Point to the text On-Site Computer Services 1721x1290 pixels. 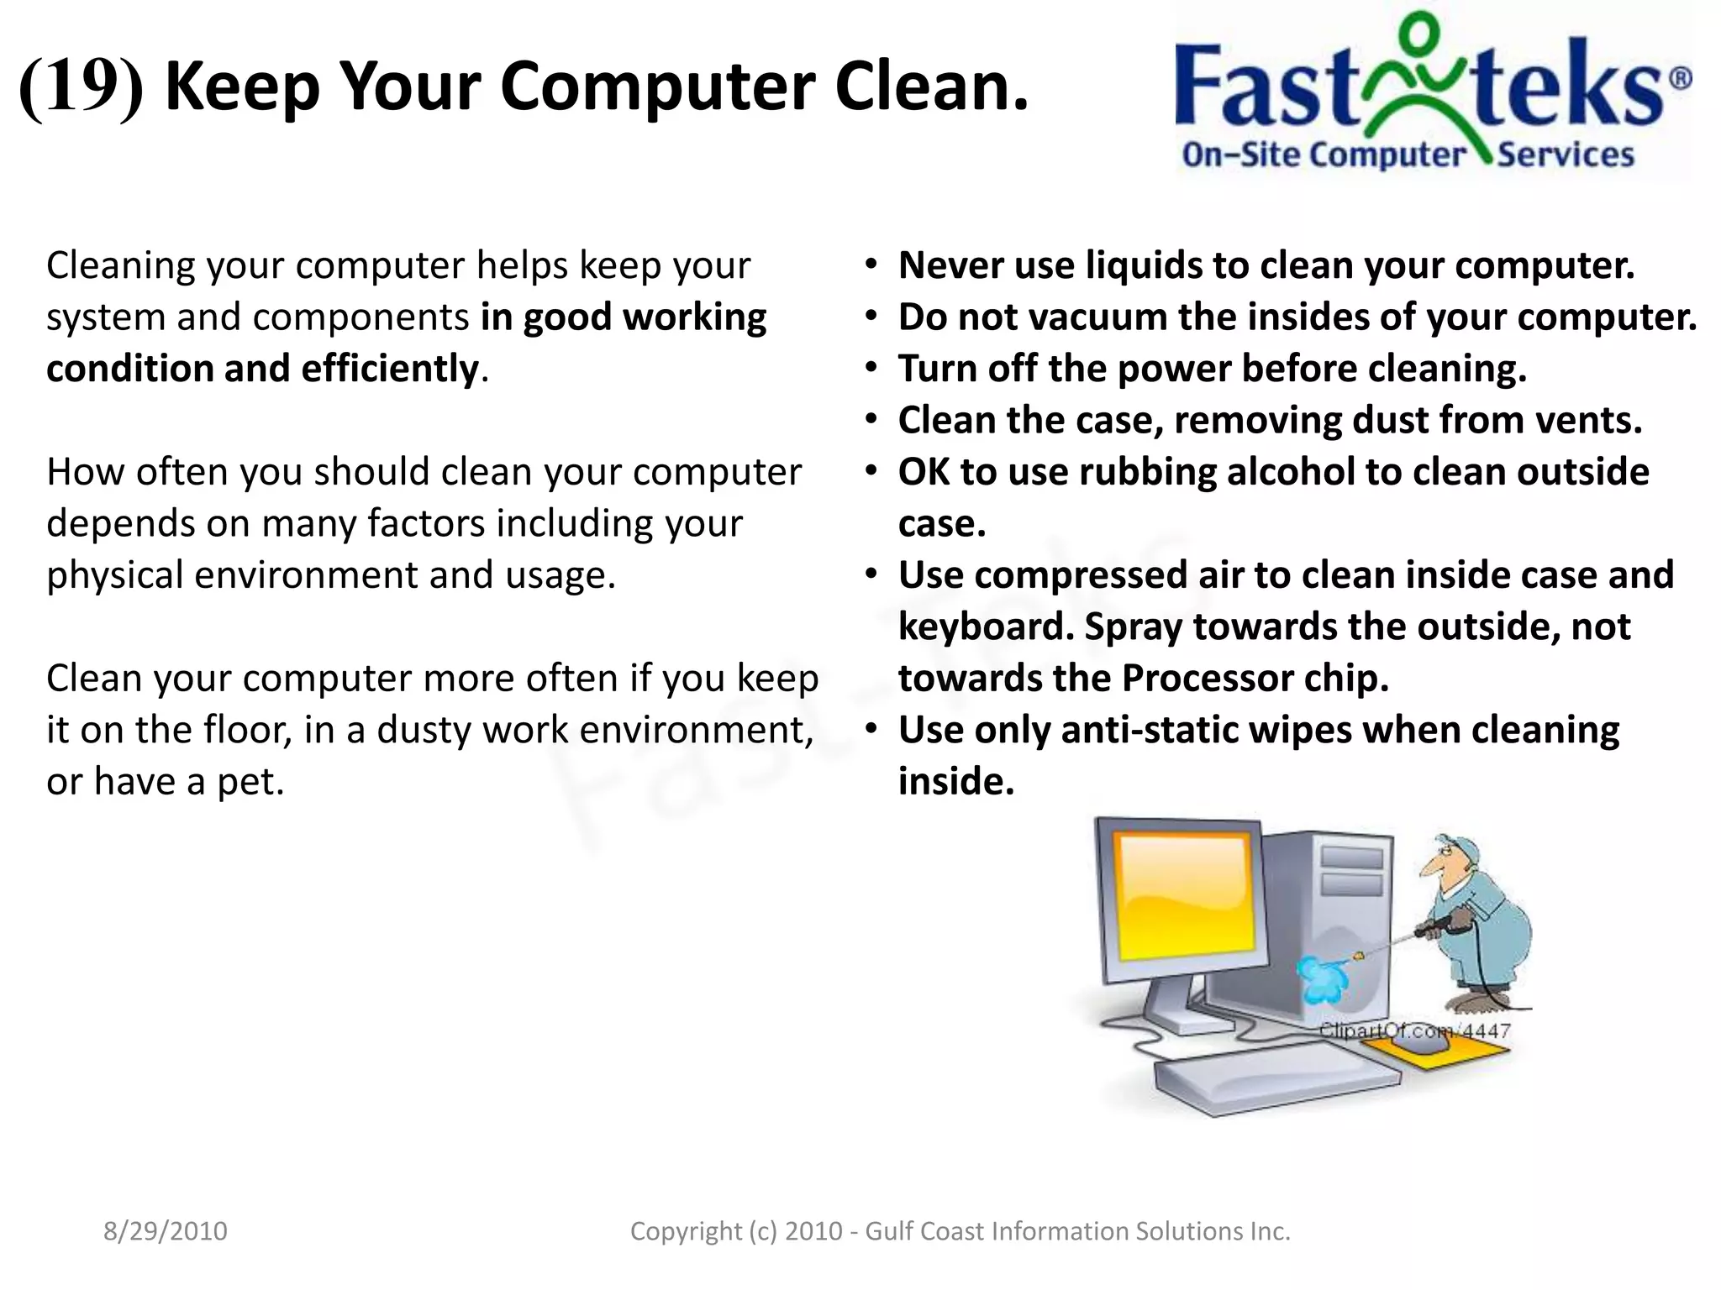click(1408, 155)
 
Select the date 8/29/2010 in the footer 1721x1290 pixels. click(166, 1231)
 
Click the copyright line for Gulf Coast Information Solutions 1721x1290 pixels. click(960, 1231)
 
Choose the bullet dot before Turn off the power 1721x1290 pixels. click(872, 368)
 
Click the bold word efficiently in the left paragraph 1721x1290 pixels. click(390, 369)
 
